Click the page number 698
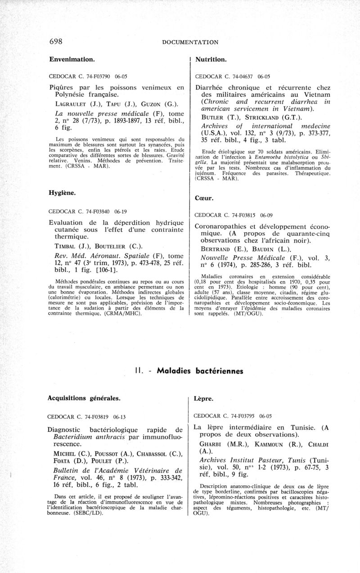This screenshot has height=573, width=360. tap(56, 41)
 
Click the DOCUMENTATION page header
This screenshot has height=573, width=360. tap(190, 42)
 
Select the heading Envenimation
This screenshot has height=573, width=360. tap(72, 59)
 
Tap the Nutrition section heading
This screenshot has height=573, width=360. tap(210, 59)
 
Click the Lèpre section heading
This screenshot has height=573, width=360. tap(203, 399)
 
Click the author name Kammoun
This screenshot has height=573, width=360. tap(255, 443)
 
